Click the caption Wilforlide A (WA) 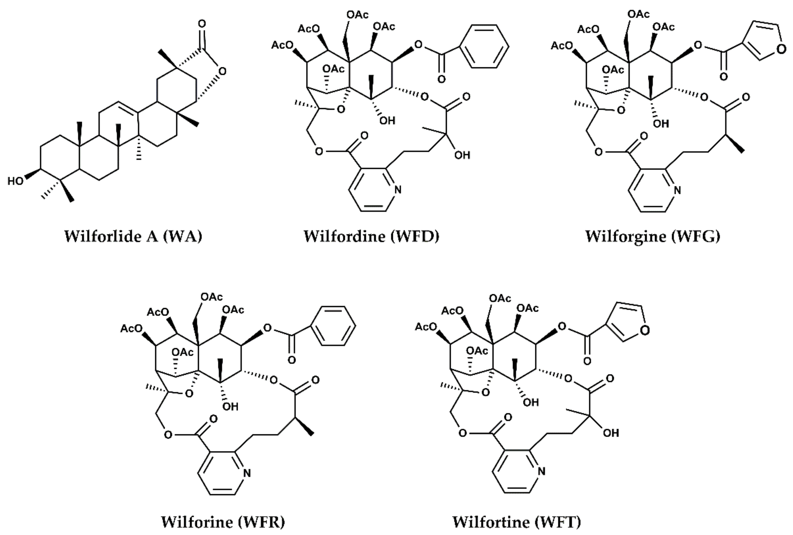click(x=133, y=236)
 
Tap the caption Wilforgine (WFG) click(x=653, y=236)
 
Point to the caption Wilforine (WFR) click(x=223, y=522)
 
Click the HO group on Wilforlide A click(x=15, y=181)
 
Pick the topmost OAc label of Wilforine click(x=212, y=297)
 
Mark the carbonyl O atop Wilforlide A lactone click(x=202, y=24)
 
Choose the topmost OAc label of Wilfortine click(x=500, y=298)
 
